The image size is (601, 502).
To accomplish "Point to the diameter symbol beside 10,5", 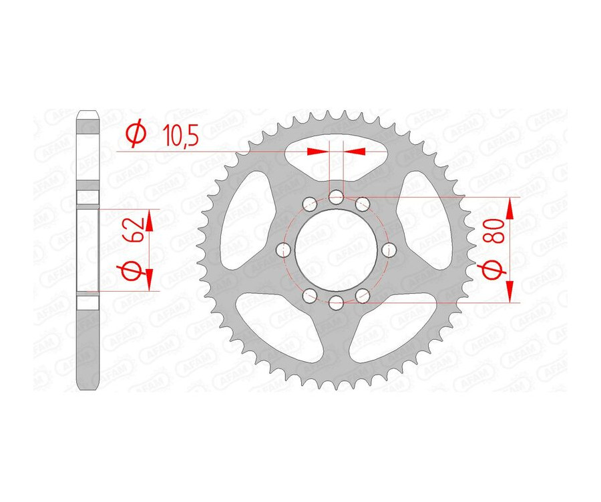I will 136,135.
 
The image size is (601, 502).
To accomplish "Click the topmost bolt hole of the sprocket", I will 337,197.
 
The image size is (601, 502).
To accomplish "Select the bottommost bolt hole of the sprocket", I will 337,304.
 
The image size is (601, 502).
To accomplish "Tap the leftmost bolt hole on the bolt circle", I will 284,250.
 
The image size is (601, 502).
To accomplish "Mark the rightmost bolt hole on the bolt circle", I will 390,250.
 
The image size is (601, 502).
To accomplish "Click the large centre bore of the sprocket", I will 337,250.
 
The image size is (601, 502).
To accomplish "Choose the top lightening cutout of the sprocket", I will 337,154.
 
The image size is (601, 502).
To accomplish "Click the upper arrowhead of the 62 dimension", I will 150,221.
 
